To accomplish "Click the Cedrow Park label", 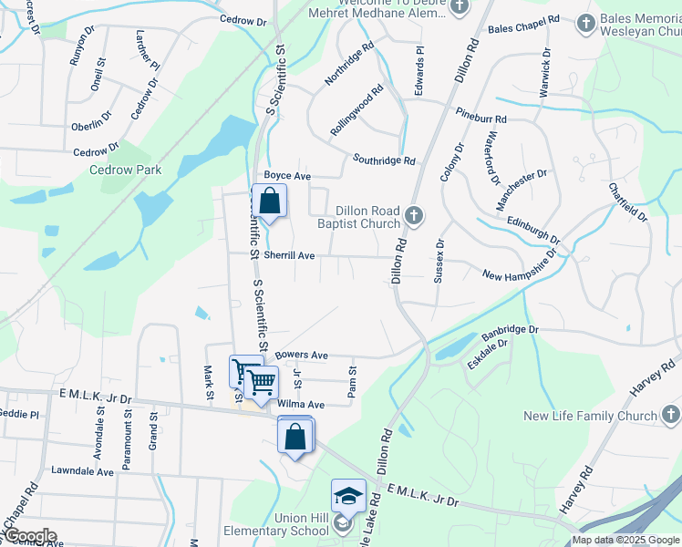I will [125, 170].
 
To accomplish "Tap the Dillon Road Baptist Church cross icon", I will [414, 216].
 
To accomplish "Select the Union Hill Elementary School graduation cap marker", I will [347, 496].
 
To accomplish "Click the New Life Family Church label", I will [590, 417].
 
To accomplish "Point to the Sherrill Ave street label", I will [289, 256].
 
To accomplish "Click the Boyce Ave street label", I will [287, 175].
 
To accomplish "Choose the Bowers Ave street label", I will [301, 355].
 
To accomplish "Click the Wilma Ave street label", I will [302, 404].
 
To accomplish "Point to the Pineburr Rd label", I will [481, 119].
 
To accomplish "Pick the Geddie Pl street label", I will [19, 414].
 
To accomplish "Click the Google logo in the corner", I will [29, 535].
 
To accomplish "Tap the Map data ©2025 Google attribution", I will [625, 541].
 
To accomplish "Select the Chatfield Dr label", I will [627, 201].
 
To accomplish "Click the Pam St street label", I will [352, 380].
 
